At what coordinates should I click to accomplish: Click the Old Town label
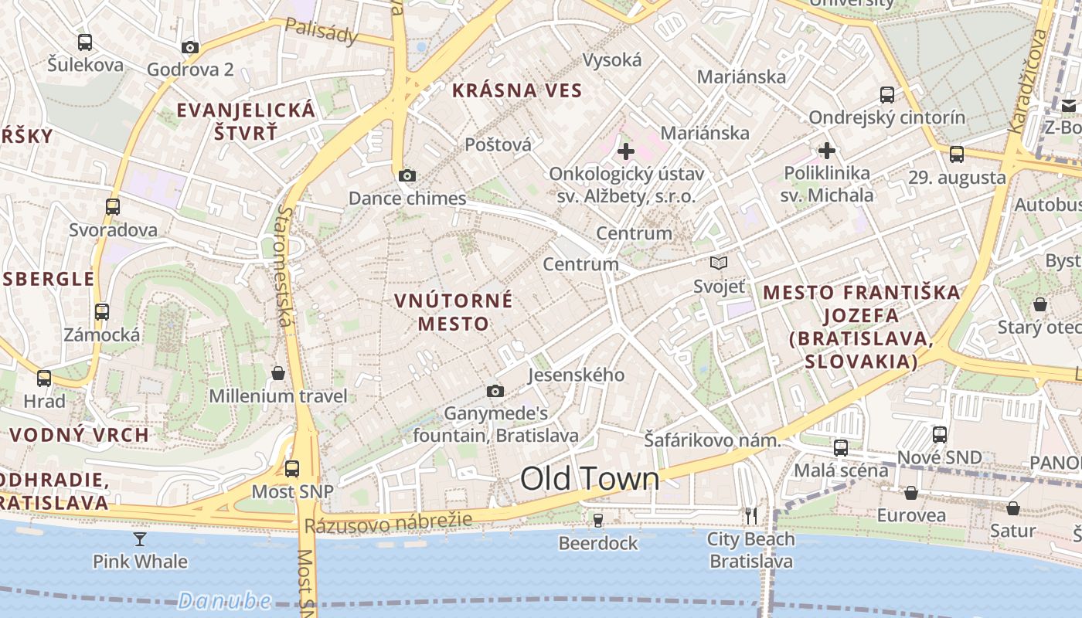(x=590, y=479)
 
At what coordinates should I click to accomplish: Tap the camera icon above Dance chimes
(x=407, y=176)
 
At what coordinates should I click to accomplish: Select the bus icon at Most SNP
(x=292, y=468)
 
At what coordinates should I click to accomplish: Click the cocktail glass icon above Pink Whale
(x=140, y=538)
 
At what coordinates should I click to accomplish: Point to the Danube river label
(x=224, y=600)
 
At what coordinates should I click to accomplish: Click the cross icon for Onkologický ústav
(x=626, y=151)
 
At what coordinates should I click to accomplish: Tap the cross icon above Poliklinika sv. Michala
(x=827, y=150)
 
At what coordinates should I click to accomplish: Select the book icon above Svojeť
(x=719, y=263)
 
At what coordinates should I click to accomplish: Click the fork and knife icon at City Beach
(x=750, y=515)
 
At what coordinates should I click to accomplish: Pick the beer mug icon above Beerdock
(x=597, y=520)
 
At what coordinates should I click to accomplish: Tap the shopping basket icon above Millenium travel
(x=278, y=374)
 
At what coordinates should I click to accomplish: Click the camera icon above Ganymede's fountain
(x=495, y=392)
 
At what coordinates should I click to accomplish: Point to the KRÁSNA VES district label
(x=517, y=90)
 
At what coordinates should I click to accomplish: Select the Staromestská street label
(x=284, y=267)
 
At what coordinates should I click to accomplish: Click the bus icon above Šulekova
(x=85, y=42)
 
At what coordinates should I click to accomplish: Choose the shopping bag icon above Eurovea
(x=911, y=493)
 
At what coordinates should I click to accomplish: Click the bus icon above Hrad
(x=44, y=379)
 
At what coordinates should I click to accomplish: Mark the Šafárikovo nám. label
(x=712, y=440)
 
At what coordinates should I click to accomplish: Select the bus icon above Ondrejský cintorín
(x=887, y=95)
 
